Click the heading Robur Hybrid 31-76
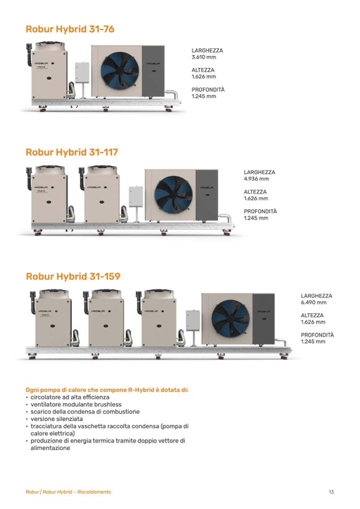(70, 29)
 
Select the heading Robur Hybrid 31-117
(72, 152)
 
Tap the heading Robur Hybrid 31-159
(73, 276)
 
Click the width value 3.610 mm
(203, 57)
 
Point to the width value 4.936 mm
(256, 179)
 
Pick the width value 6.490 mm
(313, 303)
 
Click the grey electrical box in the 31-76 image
(82, 72)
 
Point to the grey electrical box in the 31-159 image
(193, 321)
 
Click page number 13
(331, 492)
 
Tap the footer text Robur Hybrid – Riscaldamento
(76, 492)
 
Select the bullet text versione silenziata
(56, 419)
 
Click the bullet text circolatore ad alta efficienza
(70, 397)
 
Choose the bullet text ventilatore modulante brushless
(76, 404)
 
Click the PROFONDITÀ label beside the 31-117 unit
(260, 211)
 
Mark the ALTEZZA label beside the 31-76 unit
(203, 70)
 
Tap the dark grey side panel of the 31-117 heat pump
(207, 195)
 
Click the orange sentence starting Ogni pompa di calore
(107, 390)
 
